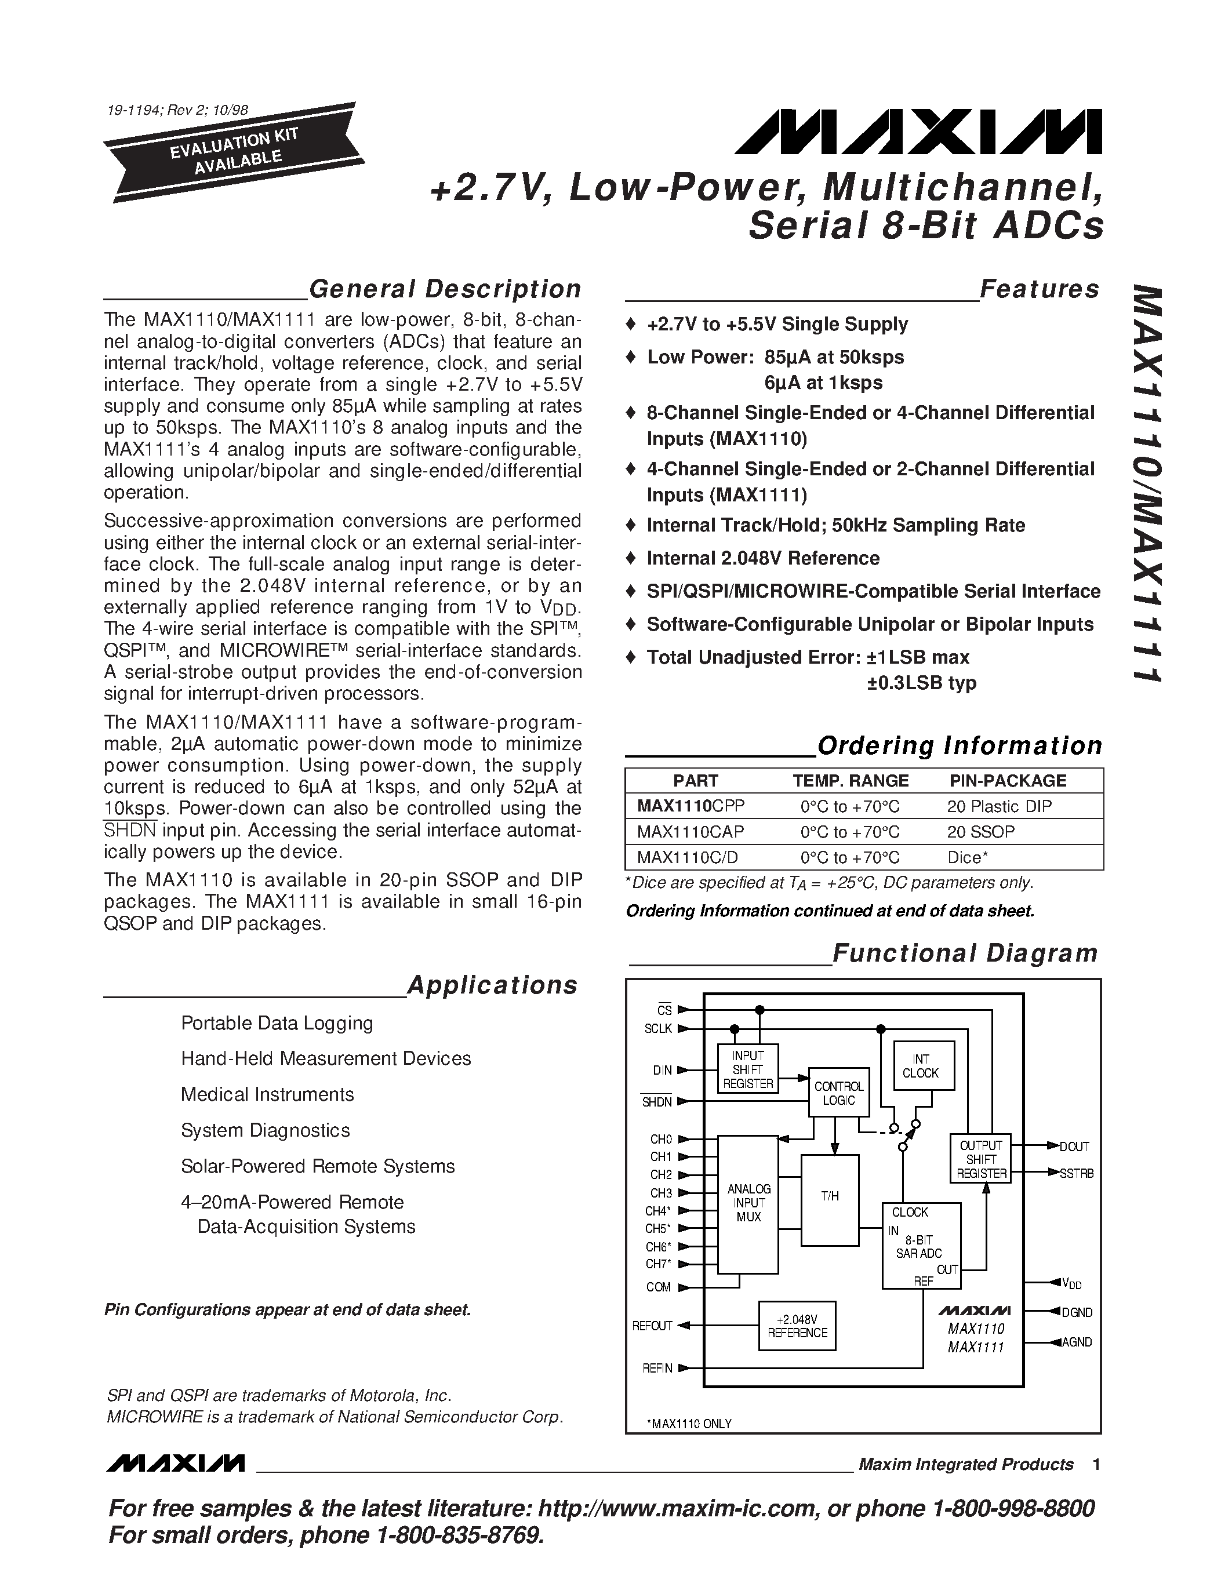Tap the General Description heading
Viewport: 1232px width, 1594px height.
[445, 289]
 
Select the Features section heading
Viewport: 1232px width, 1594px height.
[1040, 289]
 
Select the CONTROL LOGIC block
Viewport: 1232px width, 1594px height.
[838, 1093]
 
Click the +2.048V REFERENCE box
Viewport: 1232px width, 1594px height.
[797, 1326]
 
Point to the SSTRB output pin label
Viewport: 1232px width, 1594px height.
[1077, 1174]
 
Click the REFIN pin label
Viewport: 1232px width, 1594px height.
[657, 1369]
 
